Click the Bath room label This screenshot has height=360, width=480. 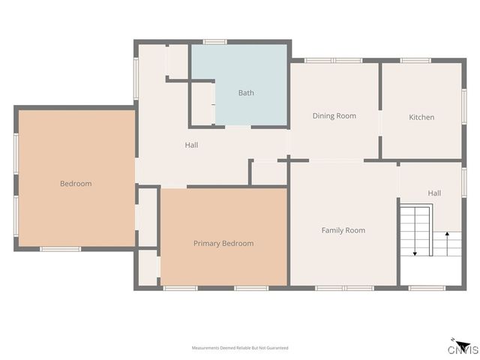pyautogui.click(x=246, y=93)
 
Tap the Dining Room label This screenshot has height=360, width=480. pyautogui.click(x=334, y=115)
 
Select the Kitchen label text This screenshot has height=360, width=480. pyautogui.click(x=421, y=117)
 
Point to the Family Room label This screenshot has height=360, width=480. pyautogui.click(x=343, y=230)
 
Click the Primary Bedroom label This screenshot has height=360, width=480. pyautogui.click(x=223, y=243)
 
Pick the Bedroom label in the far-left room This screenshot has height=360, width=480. pyautogui.click(x=76, y=184)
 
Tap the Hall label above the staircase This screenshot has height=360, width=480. pyautogui.click(x=434, y=193)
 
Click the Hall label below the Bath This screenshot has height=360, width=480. pyautogui.click(x=191, y=145)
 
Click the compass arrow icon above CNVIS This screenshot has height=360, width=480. pyautogui.click(x=454, y=340)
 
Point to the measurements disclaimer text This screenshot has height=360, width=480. pyautogui.click(x=240, y=348)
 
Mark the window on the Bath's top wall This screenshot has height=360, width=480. pyautogui.click(x=215, y=41)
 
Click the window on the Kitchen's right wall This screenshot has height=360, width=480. pyautogui.click(x=463, y=105)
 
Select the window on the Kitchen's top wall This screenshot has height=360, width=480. pyautogui.click(x=415, y=60)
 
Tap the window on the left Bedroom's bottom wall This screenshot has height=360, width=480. pyautogui.click(x=60, y=248)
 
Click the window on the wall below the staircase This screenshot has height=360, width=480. pyautogui.click(x=427, y=287)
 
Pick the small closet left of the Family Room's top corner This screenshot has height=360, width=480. pyautogui.click(x=268, y=172)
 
